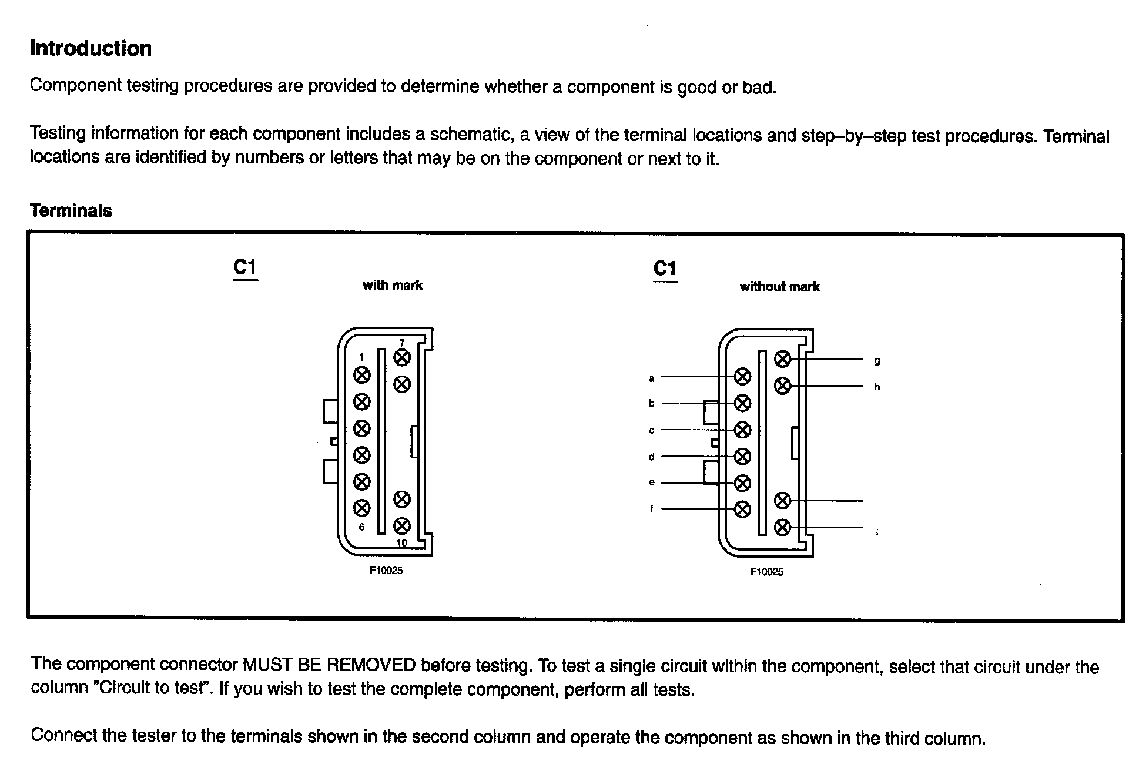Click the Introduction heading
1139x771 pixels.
point(91,49)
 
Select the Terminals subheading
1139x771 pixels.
point(71,211)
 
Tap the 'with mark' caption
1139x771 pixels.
point(393,286)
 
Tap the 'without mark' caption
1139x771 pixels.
point(779,287)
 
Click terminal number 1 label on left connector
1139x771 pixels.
point(361,357)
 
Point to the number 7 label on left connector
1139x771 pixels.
point(402,343)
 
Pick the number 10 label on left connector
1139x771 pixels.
point(402,542)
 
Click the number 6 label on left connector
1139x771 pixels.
point(361,527)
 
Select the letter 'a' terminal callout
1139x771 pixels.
point(651,378)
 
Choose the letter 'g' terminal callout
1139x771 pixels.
point(877,361)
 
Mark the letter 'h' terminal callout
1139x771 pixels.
point(877,387)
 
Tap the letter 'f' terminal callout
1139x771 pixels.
point(651,509)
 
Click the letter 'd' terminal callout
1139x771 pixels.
point(651,457)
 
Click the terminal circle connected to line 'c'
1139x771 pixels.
point(743,430)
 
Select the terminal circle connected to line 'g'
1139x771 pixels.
point(782,358)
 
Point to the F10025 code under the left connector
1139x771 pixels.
point(386,571)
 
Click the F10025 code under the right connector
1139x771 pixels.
point(766,572)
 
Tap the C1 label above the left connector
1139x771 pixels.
point(245,267)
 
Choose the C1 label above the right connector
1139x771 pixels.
point(665,269)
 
